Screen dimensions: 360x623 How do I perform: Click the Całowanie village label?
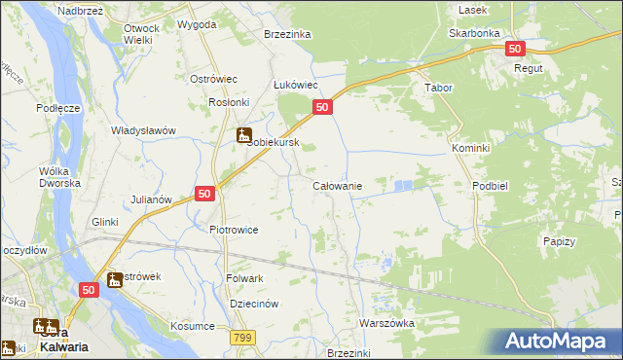337,186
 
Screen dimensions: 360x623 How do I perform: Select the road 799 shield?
242,337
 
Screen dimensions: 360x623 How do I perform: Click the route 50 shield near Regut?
515,49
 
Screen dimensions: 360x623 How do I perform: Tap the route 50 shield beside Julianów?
204,194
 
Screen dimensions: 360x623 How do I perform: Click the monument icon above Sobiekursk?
244,135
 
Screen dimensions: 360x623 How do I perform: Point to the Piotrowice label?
234,230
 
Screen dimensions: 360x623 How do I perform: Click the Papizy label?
559,241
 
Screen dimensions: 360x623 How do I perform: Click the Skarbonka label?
474,32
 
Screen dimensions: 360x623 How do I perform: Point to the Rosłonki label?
231,102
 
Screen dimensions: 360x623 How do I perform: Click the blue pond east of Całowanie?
404,183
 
